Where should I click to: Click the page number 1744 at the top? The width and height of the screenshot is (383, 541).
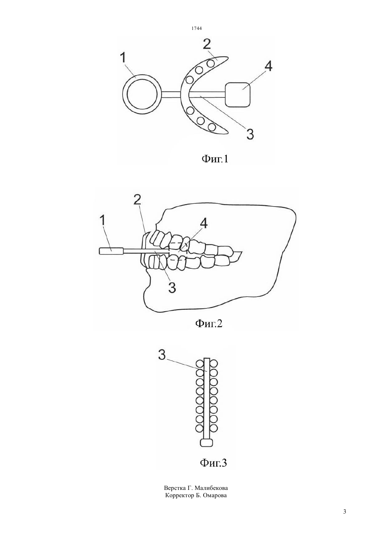pos(196,28)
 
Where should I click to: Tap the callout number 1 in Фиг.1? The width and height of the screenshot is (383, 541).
pos(123,58)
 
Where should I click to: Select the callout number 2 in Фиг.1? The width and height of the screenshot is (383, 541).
pos(207,44)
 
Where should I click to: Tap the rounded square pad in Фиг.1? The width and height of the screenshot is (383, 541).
pos(238,95)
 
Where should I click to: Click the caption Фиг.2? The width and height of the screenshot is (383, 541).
pos(209,323)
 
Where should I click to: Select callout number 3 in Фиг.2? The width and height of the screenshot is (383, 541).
pos(172,287)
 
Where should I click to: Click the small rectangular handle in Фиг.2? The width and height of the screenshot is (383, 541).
pos(112,251)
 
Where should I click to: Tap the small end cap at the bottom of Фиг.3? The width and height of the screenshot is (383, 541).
pos(206,443)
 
